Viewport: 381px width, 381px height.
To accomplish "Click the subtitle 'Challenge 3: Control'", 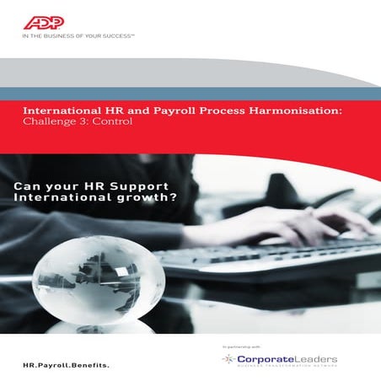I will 77,121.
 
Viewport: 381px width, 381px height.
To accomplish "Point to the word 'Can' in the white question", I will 29,185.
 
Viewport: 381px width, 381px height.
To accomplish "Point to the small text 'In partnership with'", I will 242,346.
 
